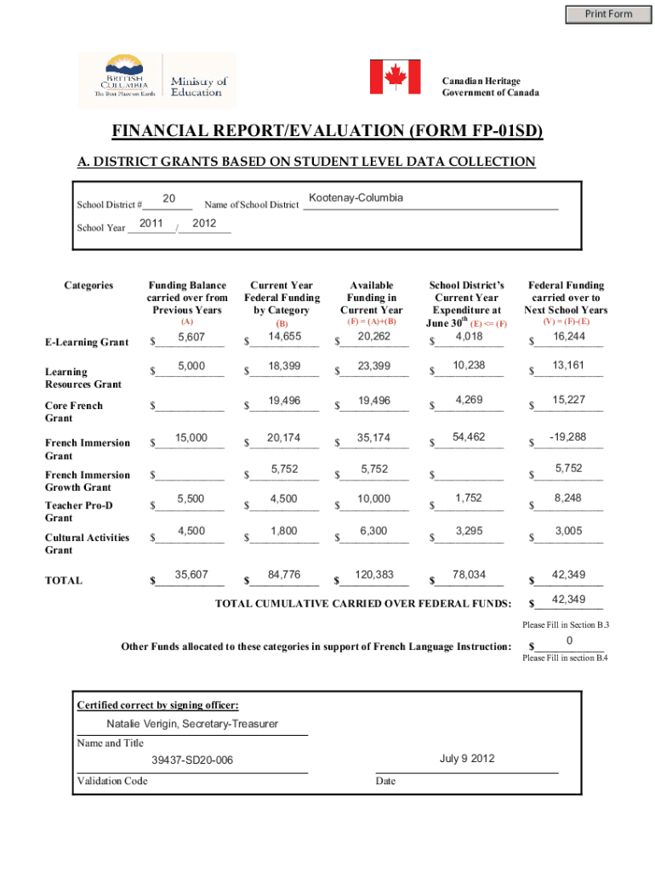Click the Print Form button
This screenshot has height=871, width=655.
pyautogui.click(x=607, y=14)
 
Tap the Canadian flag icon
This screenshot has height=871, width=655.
pyautogui.click(x=395, y=77)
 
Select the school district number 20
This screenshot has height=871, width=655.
pyautogui.click(x=168, y=198)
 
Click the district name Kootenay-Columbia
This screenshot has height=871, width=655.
pyautogui.click(x=356, y=198)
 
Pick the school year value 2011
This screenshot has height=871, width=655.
pyautogui.click(x=151, y=224)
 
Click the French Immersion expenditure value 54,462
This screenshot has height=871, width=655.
pyautogui.click(x=469, y=436)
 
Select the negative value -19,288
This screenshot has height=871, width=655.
pyautogui.click(x=567, y=436)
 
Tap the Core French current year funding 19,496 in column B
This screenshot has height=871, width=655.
pyautogui.click(x=283, y=400)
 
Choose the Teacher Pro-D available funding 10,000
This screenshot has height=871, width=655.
pyautogui.click(x=374, y=499)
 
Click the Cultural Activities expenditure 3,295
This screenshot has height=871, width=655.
pyautogui.click(x=469, y=531)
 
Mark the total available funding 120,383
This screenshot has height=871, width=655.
pyautogui.click(x=374, y=575)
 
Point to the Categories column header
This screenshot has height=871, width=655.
pyautogui.click(x=88, y=286)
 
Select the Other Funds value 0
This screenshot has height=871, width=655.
pyautogui.click(x=568, y=640)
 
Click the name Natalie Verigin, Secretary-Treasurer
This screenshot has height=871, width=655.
pyautogui.click(x=192, y=724)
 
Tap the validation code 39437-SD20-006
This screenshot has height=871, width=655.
pyautogui.click(x=192, y=760)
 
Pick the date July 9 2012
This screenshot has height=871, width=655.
pyautogui.click(x=467, y=759)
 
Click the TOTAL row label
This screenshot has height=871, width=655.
pyautogui.click(x=64, y=581)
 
